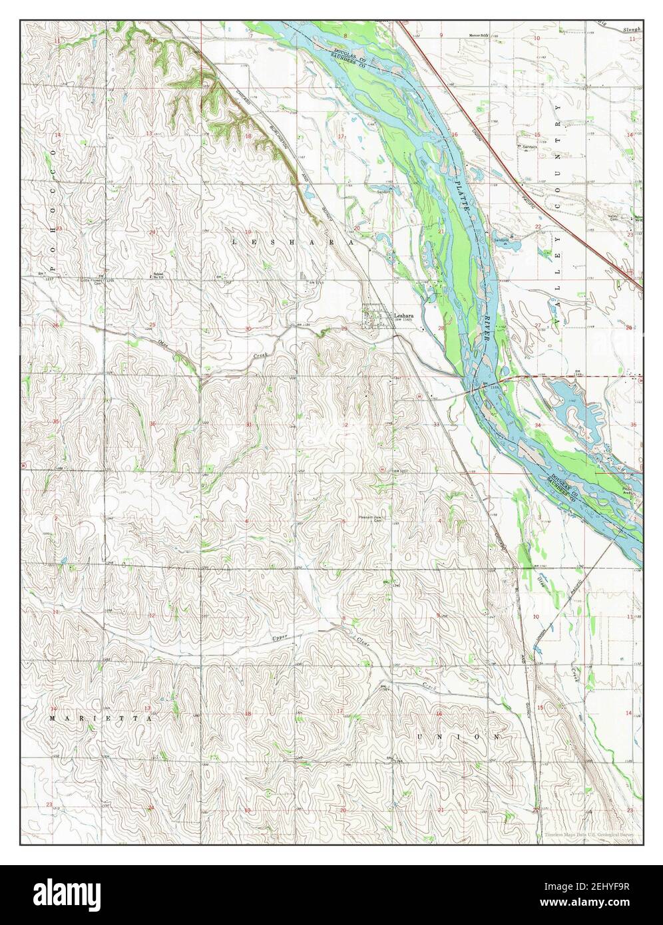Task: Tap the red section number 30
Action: click(x=248, y=329)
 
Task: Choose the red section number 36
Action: click(x=152, y=424)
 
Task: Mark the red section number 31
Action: click(x=248, y=424)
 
